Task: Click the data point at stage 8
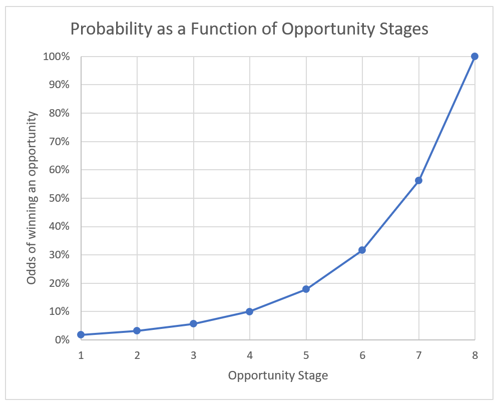[474, 57]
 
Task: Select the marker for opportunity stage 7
[418, 180]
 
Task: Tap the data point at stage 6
[362, 250]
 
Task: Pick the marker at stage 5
[306, 289]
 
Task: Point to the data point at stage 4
[250, 312]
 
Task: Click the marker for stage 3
[193, 324]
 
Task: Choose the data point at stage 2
[137, 331]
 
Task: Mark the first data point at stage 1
[81, 334]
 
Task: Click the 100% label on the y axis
[57, 57]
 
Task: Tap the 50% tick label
[59, 198]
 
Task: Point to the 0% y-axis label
[62, 340]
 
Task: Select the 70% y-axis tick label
[59, 142]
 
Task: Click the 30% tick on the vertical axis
[59, 255]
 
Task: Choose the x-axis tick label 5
[306, 355]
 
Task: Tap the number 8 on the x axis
[475, 355]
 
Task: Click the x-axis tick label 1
[81, 355]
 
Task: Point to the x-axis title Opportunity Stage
[278, 376]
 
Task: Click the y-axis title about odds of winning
[32, 198]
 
